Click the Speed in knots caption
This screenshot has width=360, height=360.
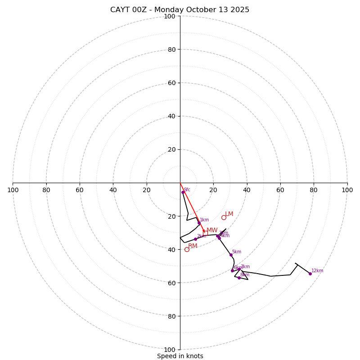tap(180, 356)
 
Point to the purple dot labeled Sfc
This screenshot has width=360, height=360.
tap(183, 192)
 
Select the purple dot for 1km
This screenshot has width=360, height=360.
tap(199, 223)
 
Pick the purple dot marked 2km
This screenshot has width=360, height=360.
tap(195, 239)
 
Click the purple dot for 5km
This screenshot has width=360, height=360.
tap(231, 255)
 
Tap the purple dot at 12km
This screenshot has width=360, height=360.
tap(310, 274)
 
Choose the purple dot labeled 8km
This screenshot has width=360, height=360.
tap(239, 278)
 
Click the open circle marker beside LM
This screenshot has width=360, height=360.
tap(224, 217)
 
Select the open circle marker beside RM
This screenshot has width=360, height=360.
tap(187, 249)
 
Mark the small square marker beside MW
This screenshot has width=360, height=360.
tap(205, 233)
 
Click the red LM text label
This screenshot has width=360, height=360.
tap(229, 214)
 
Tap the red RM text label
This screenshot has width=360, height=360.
tap(193, 246)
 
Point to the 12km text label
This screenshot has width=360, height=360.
tap(317, 271)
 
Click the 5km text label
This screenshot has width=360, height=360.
tap(237, 252)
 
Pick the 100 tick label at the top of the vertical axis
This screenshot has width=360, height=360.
tap(170, 16)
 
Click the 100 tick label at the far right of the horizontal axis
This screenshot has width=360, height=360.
tap(347, 190)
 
